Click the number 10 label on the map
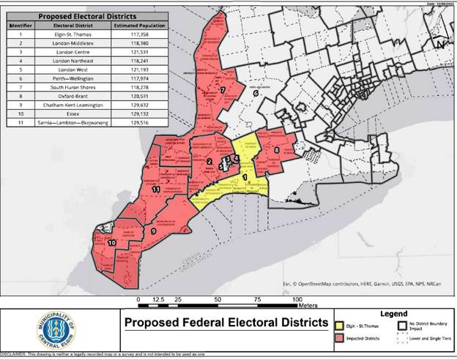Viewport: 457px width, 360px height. pos(111,243)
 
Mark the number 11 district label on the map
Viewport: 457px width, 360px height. pos(156,190)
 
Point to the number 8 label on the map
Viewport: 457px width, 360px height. pos(276,151)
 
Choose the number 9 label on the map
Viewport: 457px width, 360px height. pos(153,231)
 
